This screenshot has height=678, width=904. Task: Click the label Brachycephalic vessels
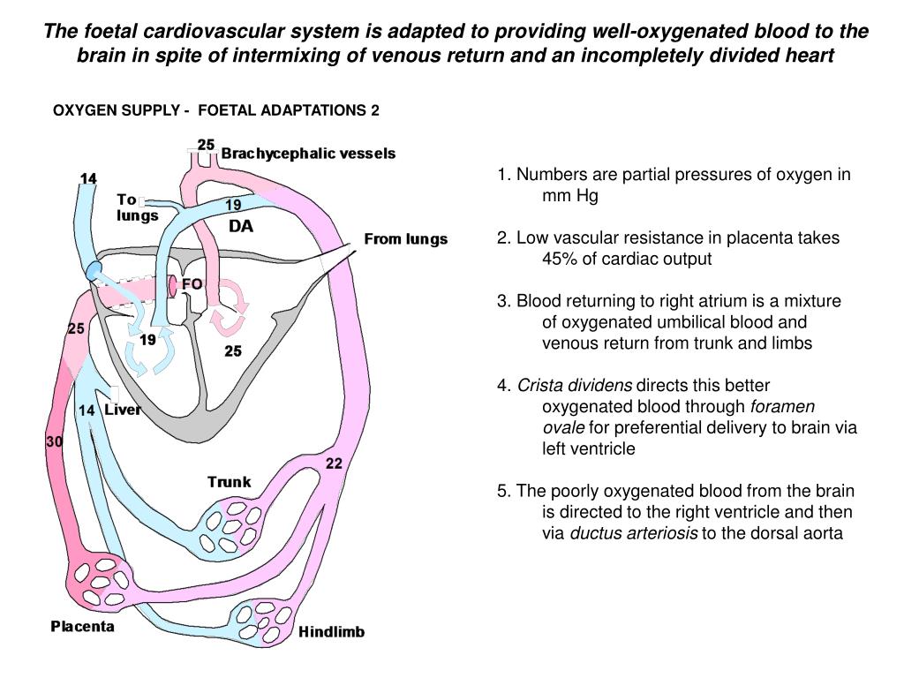(308, 154)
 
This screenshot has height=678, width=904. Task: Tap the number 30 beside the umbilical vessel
(54, 443)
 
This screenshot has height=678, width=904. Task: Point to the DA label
(241, 227)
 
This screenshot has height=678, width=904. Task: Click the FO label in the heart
(192, 284)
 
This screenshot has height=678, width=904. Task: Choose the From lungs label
(406, 239)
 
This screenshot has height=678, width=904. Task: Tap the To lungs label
(137, 207)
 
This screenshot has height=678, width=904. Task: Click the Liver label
(123, 410)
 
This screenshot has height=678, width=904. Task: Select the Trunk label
(229, 482)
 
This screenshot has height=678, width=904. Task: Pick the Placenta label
(82, 627)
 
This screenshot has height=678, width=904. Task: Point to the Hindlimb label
(331, 632)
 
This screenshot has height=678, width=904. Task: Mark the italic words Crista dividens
(575, 386)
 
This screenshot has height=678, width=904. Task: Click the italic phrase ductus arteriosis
(634, 533)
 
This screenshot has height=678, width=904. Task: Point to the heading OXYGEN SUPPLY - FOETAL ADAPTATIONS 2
(216, 110)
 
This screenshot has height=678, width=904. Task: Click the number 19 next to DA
(233, 205)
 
